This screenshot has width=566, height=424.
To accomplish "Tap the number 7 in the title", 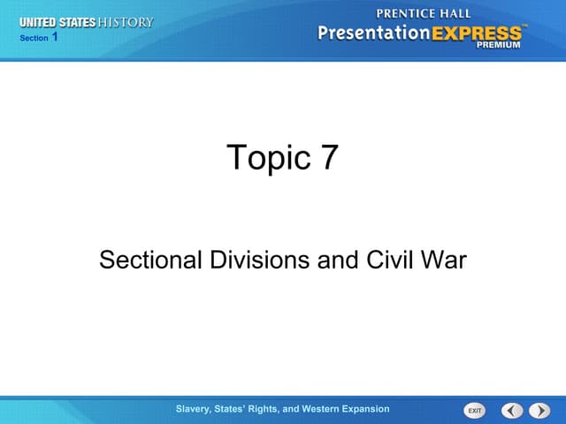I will pyautogui.click(x=326, y=157).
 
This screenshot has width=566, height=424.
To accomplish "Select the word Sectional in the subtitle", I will pyautogui.click(x=150, y=260).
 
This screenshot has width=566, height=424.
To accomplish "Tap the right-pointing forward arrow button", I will pyautogui.click(x=539, y=410).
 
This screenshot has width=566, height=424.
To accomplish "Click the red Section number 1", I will pyautogui.click(x=55, y=37).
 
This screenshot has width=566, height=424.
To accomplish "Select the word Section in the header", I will pyautogui.click(x=33, y=38).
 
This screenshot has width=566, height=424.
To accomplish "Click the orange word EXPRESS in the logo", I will pyautogui.click(x=477, y=34).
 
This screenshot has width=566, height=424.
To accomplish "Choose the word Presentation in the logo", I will pyautogui.click(x=372, y=34).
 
